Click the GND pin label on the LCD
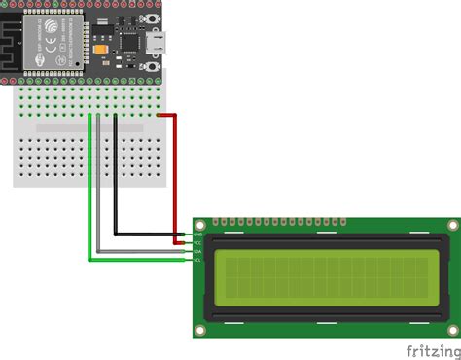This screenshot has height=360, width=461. click(x=197, y=234)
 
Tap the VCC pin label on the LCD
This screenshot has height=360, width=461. click(x=197, y=242)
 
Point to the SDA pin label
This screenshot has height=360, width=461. click(x=197, y=251)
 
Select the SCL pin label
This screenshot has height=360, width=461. click(x=197, y=260)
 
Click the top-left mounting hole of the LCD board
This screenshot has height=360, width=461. click(x=201, y=226)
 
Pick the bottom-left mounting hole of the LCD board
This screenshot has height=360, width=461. click(x=201, y=331)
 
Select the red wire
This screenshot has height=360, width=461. click(x=176, y=175)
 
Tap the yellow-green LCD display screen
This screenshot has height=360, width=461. click(x=325, y=278)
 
